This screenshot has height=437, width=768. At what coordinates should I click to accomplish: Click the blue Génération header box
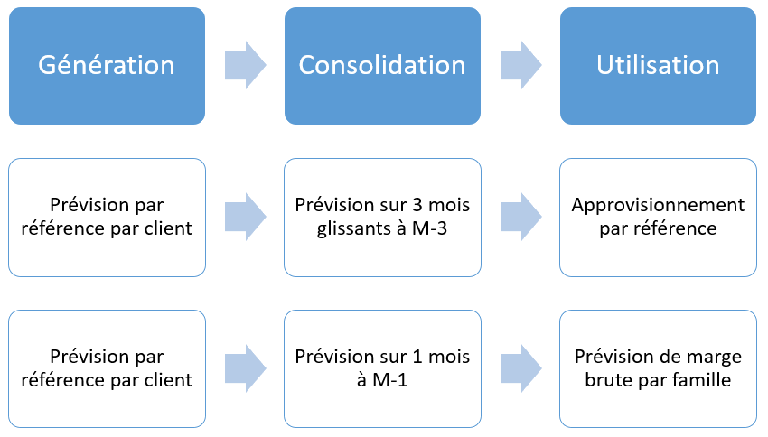point(107,65)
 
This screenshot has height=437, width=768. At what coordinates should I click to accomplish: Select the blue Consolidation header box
point(382,65)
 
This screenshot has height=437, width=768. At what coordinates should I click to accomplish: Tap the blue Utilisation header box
point(658,65)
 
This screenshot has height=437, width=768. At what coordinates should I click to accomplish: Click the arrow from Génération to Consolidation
point(245,65)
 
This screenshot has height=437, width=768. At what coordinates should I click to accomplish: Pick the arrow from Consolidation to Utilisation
point(520,65)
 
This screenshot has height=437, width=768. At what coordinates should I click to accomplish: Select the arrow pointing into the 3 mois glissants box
point(245,217)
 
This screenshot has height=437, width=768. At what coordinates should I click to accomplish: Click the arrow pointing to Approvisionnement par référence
point(520,217)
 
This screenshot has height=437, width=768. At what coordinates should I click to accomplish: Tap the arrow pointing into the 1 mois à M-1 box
point(245,368)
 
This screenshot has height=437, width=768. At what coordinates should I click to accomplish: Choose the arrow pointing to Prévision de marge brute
point(520,368)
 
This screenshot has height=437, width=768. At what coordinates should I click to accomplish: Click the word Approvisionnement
point(658,205)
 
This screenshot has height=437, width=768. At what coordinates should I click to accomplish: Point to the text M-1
point(391,380)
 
